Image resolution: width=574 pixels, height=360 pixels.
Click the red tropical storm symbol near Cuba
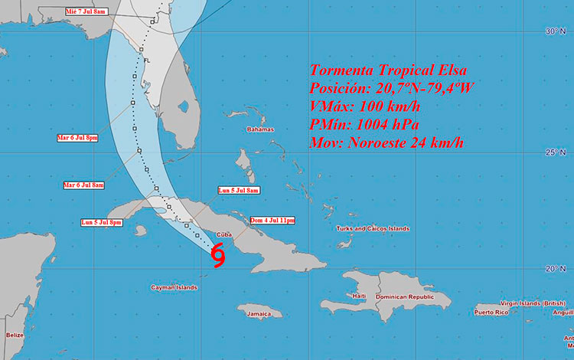tap(218, 255)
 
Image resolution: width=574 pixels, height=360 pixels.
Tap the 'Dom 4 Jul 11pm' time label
tap(272, 220)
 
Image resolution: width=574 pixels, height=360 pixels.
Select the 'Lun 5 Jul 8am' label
tap(239, 190)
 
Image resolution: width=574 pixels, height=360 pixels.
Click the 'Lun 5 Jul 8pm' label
tap(102, 222)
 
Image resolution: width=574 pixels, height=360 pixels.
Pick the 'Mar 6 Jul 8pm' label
tap(78, 137)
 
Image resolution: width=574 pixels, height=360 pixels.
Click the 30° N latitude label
tap(555, 31)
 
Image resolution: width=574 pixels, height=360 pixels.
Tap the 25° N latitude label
tap(555, 152)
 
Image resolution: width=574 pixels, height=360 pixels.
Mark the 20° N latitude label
tap(555, 269)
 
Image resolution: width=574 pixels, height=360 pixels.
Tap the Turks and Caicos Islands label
tap(373, 228)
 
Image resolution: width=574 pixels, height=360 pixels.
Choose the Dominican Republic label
tap(409, 296)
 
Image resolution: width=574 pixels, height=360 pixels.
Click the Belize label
tap(14, 335)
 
